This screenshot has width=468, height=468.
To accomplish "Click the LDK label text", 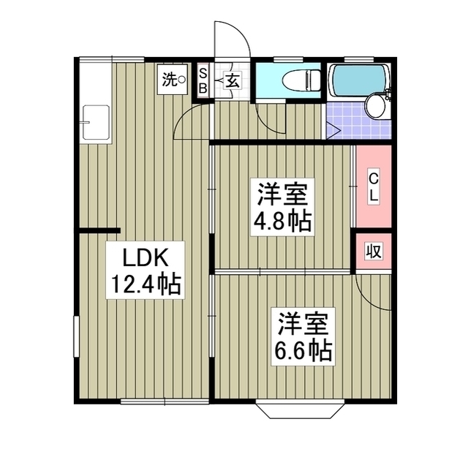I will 146,258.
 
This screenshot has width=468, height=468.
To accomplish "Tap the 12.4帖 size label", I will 146,283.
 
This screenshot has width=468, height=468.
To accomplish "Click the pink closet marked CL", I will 373,187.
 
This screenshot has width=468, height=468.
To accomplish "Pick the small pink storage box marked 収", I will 373,251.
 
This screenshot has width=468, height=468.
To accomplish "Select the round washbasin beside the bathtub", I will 376,106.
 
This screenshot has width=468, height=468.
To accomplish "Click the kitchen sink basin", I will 95,120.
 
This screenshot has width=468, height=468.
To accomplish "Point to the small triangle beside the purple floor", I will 333,132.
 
